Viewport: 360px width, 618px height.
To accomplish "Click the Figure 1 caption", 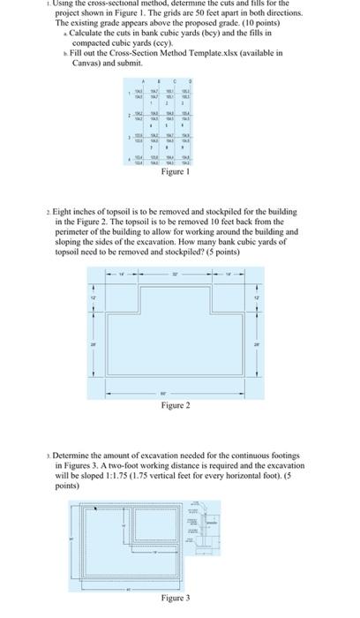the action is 176,171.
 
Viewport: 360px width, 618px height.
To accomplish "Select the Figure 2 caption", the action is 176,404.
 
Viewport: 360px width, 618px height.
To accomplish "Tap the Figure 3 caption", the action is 176,598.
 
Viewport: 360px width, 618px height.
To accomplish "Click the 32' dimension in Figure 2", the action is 174,275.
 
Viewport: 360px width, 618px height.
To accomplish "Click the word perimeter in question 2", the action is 74,232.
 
